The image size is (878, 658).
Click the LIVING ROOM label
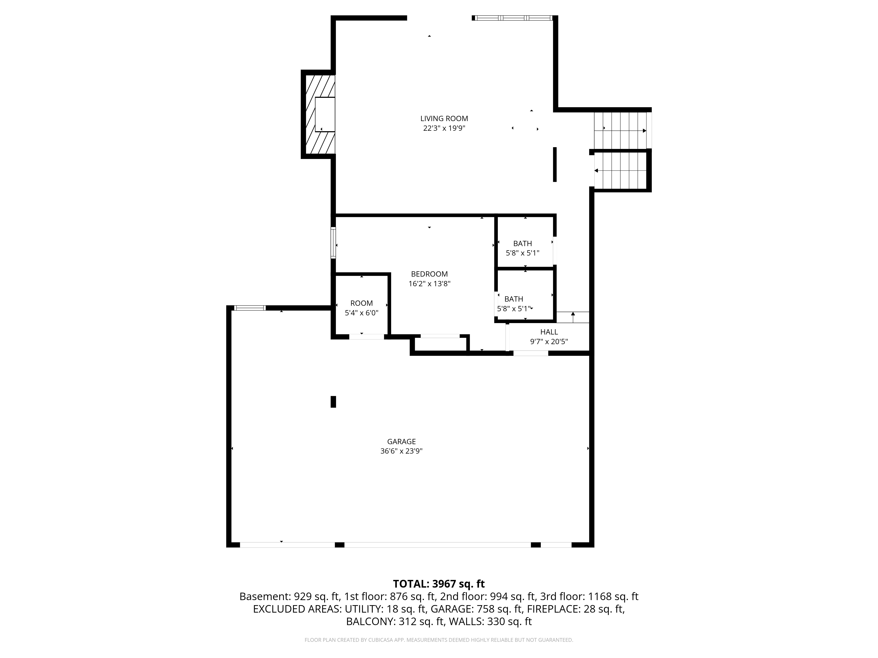pyautogui.click(x=444, y=119)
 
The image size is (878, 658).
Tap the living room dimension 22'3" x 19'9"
pyautogui.click(x=444, y=128)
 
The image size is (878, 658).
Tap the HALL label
pyautogui.click(x=549, y=332)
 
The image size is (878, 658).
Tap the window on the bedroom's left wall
pyautogui.click(x=333, y=243)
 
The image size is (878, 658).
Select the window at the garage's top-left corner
pyautogui.click(x=250, y=308)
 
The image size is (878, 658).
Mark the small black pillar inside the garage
pyautogui.click(x=333, y=402)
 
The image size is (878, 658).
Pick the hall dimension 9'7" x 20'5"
pyautogui.click(x=549, y=342)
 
